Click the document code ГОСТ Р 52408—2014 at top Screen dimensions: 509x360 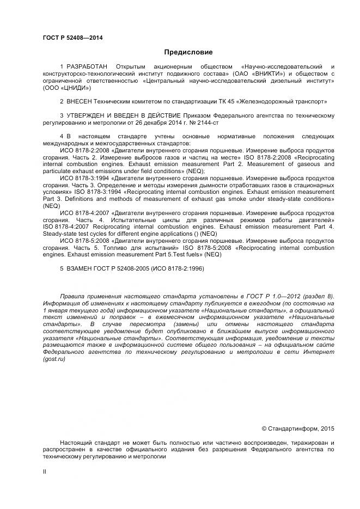click(x=73, y=38)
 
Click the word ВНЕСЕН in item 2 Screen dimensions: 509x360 click(x=80, y=101)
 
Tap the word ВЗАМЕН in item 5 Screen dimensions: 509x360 click(x=81, y=268)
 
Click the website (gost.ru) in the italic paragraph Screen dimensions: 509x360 click(x=53, y=360)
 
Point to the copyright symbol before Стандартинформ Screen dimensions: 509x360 click(x=264, y=428)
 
